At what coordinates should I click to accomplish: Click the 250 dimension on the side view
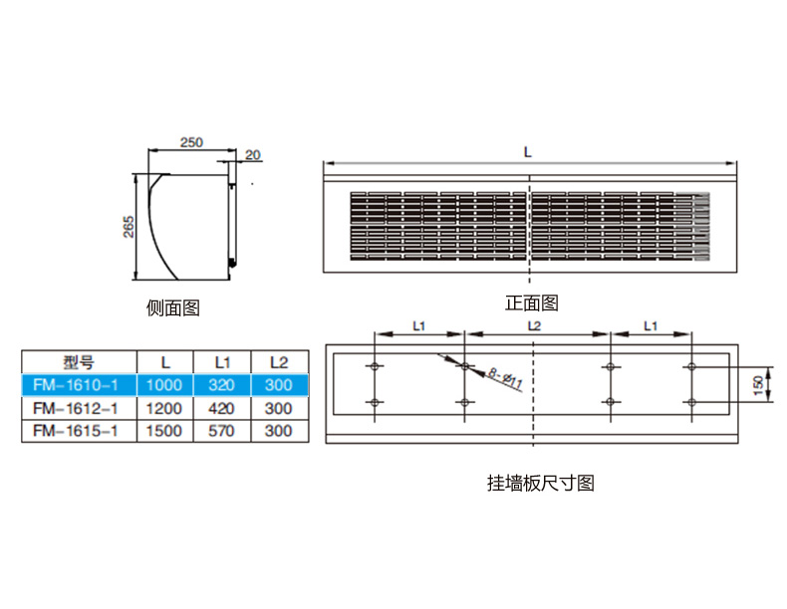[191, 142]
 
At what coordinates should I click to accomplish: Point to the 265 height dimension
[129, 227]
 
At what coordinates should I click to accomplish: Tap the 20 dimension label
[253, 155]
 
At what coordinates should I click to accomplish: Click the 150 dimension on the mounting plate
[758, 384]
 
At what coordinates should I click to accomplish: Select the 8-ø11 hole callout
[506, 379]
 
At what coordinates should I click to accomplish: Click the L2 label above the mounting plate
[535, 326]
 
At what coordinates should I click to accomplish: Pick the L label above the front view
[528, 152]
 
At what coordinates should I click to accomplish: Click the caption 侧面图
[173, 307]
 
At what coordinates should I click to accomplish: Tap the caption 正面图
[532, 303]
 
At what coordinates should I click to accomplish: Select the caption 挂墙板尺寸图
[541, 484]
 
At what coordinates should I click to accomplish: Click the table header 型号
[79, 362]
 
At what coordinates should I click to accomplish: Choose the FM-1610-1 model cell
[76, 385]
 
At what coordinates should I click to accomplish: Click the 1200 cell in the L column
[164, 409]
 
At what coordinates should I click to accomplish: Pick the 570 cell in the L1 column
[221, 431]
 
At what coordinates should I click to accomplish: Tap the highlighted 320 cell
[221, 385]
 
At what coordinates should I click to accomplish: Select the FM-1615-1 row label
[76, 431]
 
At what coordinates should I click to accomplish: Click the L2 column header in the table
[279, 362]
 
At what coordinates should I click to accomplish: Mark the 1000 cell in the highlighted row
[164, 385]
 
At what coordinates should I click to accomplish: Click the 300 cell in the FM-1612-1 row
[279, 409]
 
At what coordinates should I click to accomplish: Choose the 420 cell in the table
[221, 409]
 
